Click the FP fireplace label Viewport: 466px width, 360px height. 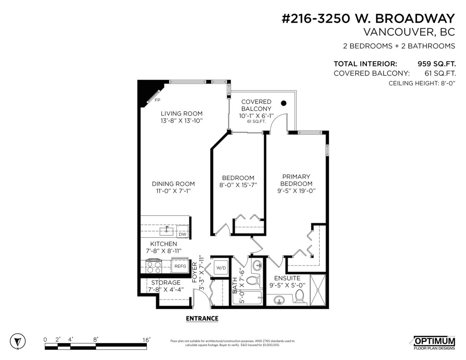pos(157,100)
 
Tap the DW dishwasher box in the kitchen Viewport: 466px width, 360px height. pos(182,231)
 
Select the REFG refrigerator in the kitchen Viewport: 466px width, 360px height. pos(180,266)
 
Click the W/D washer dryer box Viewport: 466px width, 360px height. pos(221,268)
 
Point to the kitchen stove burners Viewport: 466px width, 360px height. pos(153,266)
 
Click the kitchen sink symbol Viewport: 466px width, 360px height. pos(167,231)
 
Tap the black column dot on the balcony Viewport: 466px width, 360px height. pos(283,103)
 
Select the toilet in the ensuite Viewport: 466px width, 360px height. pos(299,296)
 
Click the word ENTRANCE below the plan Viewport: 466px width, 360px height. pos(202,318)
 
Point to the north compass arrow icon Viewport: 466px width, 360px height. pos(18,341)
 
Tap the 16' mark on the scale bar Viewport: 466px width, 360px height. pos(147,340)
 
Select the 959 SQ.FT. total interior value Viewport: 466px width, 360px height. pos(436,64)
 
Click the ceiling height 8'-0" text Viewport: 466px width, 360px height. pos(422,83)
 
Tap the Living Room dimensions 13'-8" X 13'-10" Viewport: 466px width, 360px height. pos(182,121)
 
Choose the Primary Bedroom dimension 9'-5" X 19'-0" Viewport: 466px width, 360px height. pos(296,191)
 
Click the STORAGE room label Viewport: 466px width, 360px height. pos(166,282)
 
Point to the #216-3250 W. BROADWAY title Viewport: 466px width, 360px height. pos(368,18)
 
